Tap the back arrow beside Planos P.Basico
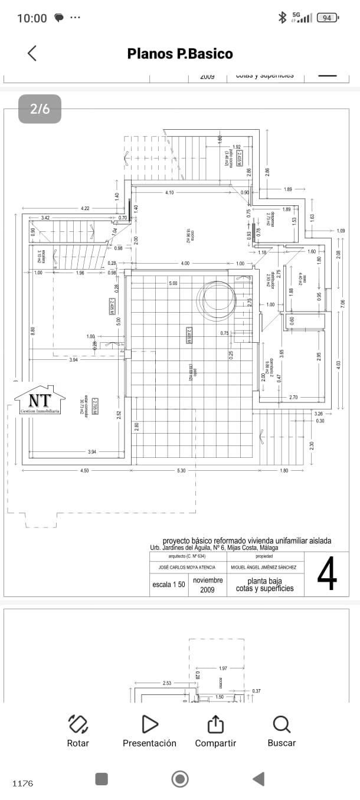tap(32, 53)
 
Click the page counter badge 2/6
tap(40, 109)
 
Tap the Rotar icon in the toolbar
tap(78, 724)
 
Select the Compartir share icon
tap(215, 724)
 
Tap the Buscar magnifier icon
tap(282, 724)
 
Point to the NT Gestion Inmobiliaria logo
tap(40, 400)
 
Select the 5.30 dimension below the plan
tap(181, 470)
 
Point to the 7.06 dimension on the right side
tap(342, 303)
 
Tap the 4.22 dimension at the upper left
tap(85, 208)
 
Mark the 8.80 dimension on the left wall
tap(33, 331)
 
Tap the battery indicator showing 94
tap(328, 18)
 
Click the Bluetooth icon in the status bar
tap(282, 18)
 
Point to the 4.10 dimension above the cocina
tap(169, 192)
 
